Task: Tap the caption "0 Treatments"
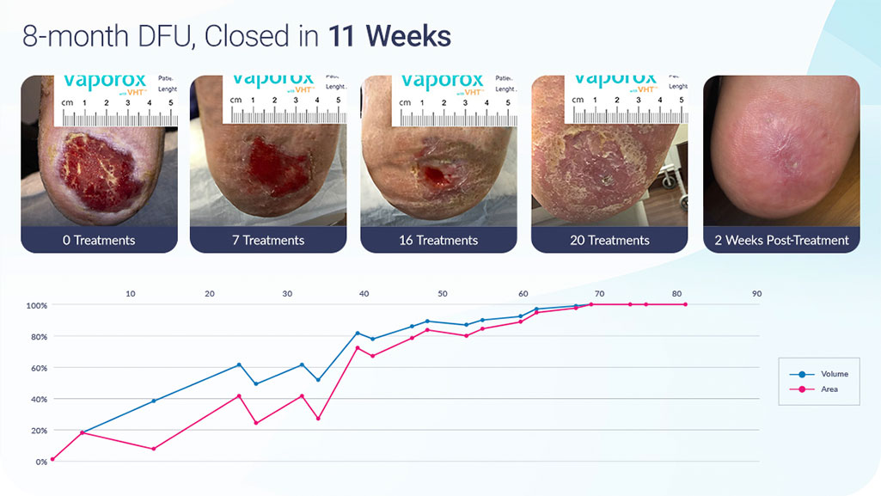pyautogui.click(x=100, y=240)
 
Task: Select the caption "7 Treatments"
pyautogui.click(x=268, y=240)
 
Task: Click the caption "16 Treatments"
pyautogui.click(x=438, y=240)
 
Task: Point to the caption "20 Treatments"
pyautogui.click(x=609, y=240)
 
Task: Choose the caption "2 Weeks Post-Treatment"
pyautogui.click(x=781, y=240)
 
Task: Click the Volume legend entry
pyautogui.click(x=825, y=374)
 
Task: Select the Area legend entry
pyautogui.click(x=821, y=389)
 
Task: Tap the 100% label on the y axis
pyautogui.click(x=36, y=305)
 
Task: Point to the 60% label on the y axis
pyautogui.click(x=38, y=368)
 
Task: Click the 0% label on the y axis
pyautogui.click(x=41, y=462)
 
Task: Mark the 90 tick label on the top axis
pyautogui.click(x=756, y=294)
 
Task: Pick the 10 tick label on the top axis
pyautogui.click(x=131, y=294)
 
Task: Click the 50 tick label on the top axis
pyautogui.click(x=442, y=294)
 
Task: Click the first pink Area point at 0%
pyautogui.click(x=52, y=459)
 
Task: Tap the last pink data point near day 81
pyautogui.click(x=685, y=304)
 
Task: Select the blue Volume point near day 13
pyautogui.click(x=154, y=401)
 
